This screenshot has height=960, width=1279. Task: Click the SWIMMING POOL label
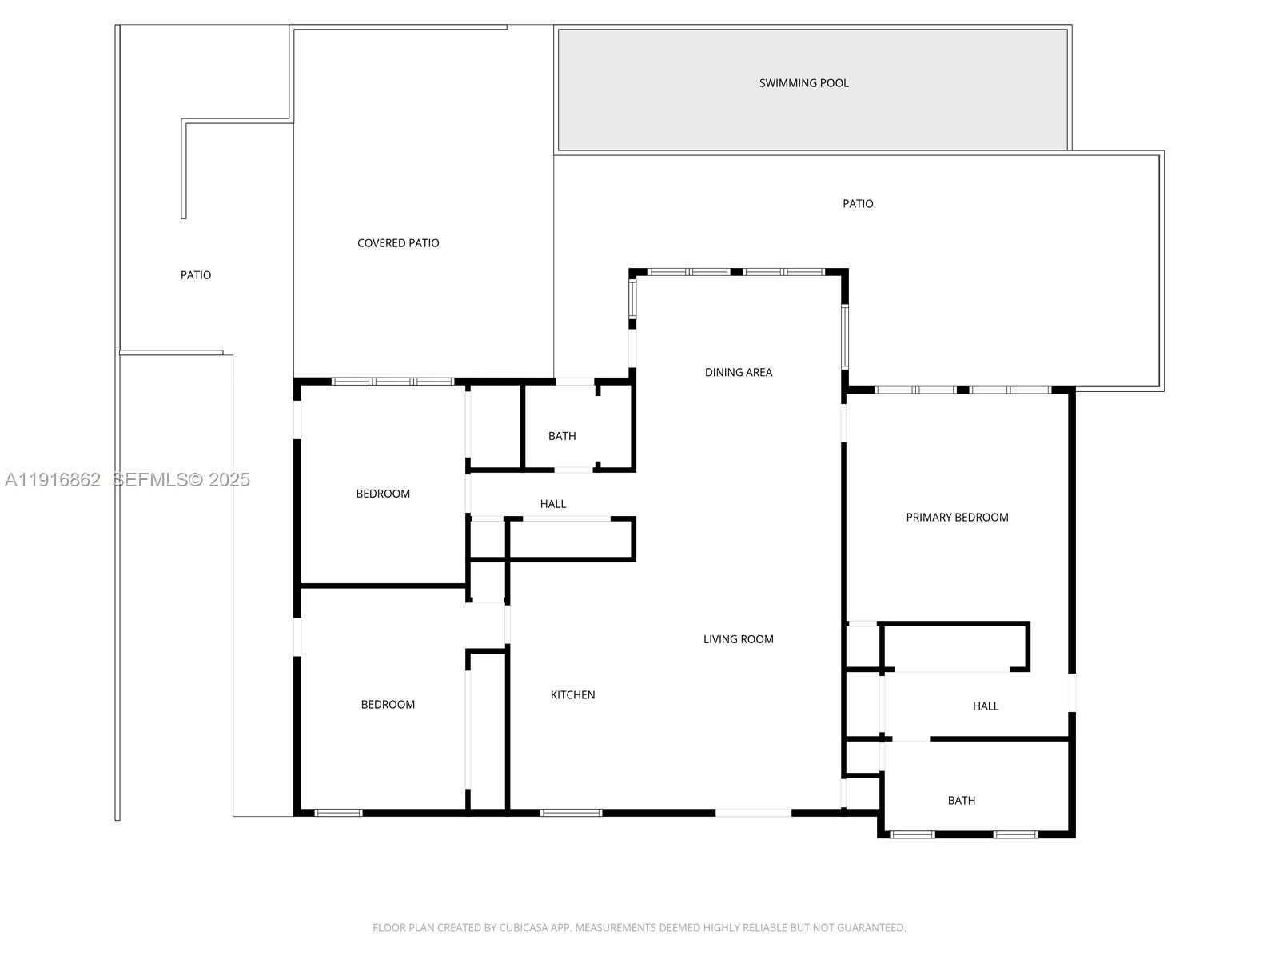tap(803, 83)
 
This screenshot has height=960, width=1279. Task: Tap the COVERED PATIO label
tap(398, 243)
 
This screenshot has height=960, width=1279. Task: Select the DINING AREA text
tap(738, 372)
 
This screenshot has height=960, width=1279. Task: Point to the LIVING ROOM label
tap(738, 639)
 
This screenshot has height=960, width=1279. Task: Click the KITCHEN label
tap(572, 695)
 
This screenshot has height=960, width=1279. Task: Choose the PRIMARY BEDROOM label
tap(957, 518)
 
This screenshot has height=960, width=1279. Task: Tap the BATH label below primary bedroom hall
tap(961, 801)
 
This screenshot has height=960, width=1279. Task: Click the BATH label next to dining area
tap(561, 436)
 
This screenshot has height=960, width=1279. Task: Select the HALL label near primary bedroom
tap(985, 706)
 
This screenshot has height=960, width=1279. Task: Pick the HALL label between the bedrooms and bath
tap(552, 504)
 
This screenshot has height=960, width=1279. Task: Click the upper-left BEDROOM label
tap(383, 494)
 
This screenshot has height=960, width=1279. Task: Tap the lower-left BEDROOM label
tap(388, 705)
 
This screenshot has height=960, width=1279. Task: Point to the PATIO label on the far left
tap(196, 275)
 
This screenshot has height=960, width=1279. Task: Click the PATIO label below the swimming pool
tap(858, 204)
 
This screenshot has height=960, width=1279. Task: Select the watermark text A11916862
tap(53, 480)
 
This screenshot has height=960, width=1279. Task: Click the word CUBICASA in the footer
tap(522, 928)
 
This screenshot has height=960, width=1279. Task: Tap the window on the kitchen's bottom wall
tap(571, 813)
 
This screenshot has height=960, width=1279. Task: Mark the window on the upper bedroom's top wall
tap(392, 382)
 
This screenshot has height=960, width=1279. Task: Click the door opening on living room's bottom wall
tap(753, 813)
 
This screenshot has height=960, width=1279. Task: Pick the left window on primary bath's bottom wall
tap(912, 834)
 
